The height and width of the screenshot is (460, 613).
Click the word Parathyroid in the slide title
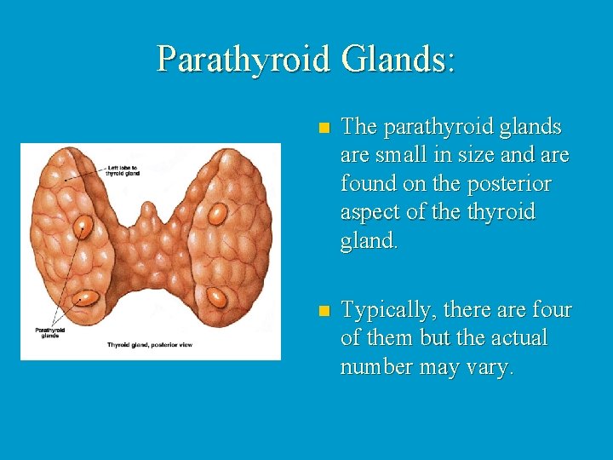(243, 59)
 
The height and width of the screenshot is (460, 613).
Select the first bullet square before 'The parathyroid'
(323, 129)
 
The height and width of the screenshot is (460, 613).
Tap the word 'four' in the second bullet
(553, 310)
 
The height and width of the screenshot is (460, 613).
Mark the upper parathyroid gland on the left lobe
(83, 227)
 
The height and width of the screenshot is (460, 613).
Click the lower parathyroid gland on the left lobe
(87, 298)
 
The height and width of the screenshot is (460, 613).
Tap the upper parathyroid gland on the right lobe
(217, 214)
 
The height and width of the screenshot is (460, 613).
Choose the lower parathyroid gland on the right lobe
(218, 297)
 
